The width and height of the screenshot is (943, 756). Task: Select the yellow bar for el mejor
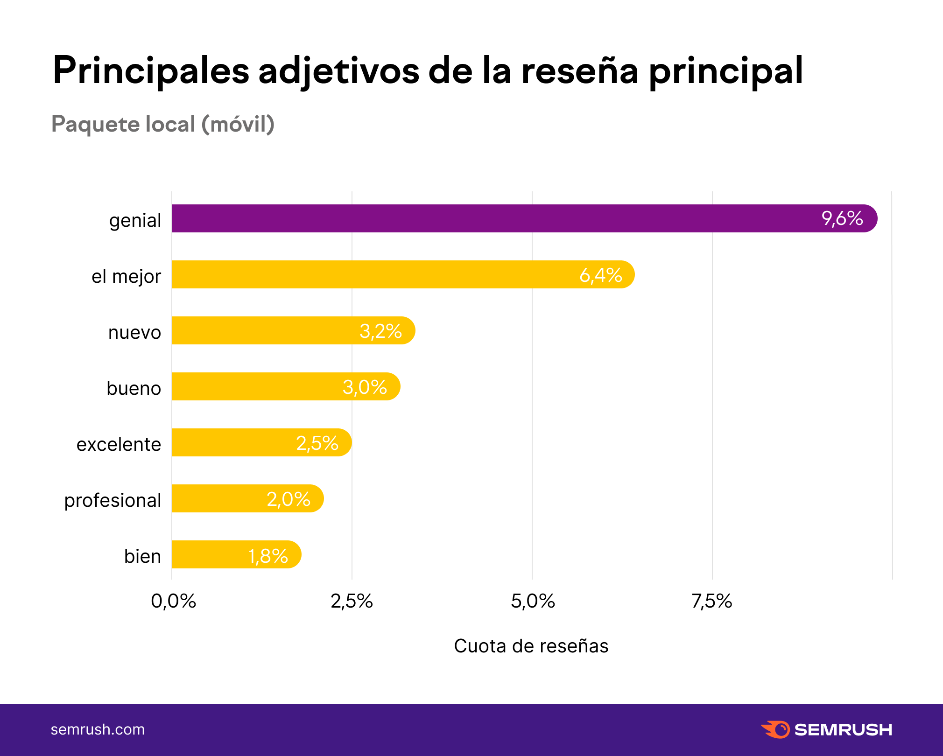(x=373, y=274)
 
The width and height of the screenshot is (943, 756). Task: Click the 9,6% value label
(x=842, y=218)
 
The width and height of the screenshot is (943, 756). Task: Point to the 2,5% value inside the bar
(x=317, y=443)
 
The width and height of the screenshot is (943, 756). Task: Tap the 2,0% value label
(x=288, y=499)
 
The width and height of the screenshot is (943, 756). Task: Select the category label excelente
(x=119, y=444)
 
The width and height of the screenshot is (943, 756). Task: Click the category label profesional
(x=113, y=500)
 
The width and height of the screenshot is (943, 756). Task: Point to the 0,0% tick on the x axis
(x=173, y=601)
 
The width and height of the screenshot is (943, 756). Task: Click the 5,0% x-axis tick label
(x=533, y=601)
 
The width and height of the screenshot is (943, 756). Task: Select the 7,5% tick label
(x=712, y=601)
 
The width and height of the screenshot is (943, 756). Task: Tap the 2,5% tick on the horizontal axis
(x=352, y=601)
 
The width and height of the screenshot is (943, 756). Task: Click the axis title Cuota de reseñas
(x=531, y=646)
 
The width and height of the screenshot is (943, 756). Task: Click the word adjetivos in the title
(x=339, y=71)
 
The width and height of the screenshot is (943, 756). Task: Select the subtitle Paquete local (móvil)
(x=162, y=124)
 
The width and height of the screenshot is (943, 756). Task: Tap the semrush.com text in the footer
(x=98, y=729)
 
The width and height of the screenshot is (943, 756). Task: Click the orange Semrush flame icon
(x=775, y=729)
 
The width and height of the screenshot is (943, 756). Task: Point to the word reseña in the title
(x=579, y=71)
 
